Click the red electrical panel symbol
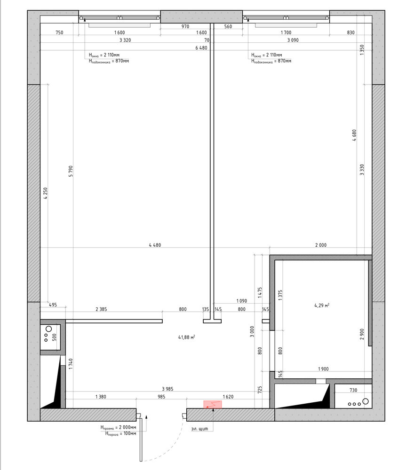[x=213, y=404]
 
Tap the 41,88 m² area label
[x=187, y=337]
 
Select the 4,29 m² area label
[x=322, y=305]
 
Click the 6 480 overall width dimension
[x=201, y=47]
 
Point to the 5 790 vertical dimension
[x=71, y=171]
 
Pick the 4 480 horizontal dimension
[x=155, y=245]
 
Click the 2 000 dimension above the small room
[x=321, y=245]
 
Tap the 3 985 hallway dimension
[x=167, y=389]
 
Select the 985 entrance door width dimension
[x=161, y=397]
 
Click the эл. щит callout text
[x=199, y=429]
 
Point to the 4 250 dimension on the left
[x=46, y=193]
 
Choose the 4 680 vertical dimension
[x=354, y=135]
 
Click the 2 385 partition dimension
[x=101, y=309]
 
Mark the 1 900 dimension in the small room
[x=323, y=369]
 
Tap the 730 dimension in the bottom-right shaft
[x=353, y=390]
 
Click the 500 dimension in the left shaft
[x=54, y=337]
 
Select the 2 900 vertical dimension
[x=362, y=334]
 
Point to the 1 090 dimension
[x=241, y=301]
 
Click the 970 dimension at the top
[x=185, y=26]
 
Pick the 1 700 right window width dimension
[x=286, y=32]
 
